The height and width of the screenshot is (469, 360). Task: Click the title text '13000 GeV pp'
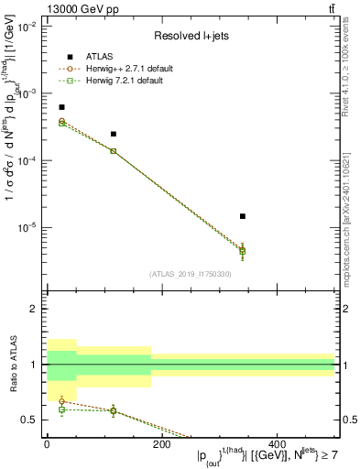click(78, 9)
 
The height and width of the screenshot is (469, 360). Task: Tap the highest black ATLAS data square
click(61, 107)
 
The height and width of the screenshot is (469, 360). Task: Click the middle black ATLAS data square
click(114, 134)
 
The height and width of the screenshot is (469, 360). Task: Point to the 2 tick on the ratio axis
click(35, 309)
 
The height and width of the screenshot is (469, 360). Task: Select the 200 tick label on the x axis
click(160, 443)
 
